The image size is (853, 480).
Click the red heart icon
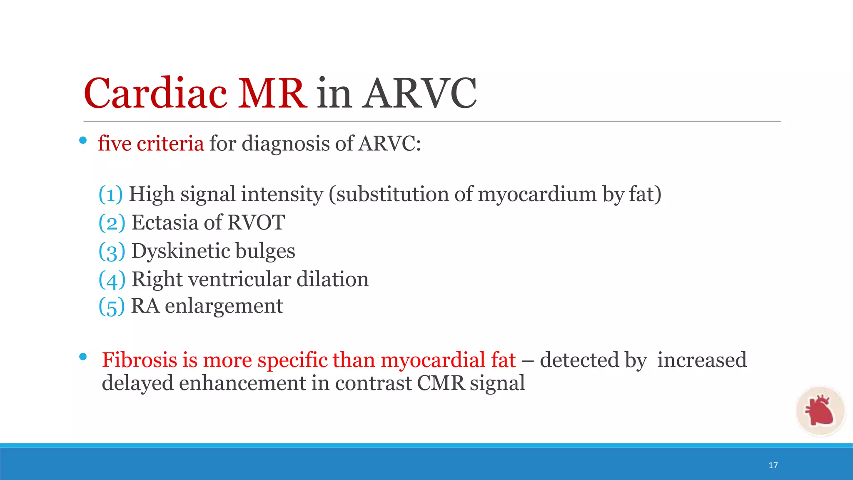820,411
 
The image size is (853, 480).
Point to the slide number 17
773,465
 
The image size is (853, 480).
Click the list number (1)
110,195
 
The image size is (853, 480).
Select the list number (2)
112,223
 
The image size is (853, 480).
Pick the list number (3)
112,251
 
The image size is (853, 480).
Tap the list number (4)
112,280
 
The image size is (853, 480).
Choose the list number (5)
111,307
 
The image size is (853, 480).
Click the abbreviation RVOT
256,222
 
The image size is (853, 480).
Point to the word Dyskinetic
181,251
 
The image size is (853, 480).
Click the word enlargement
224,306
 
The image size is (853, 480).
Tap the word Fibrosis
139,360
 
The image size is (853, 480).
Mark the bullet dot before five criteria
83,141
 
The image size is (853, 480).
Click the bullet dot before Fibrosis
83,357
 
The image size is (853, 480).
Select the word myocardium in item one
537,195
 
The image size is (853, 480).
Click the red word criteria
170,144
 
